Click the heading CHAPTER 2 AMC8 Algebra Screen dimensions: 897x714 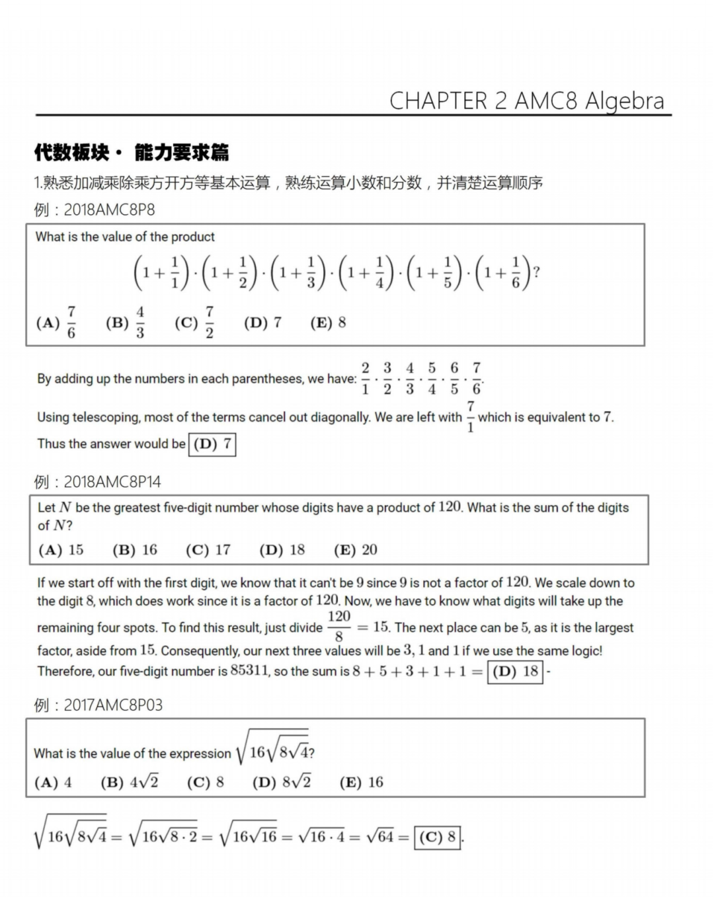526,100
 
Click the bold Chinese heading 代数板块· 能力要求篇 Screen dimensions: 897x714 132,153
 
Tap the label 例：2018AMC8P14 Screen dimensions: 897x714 97,482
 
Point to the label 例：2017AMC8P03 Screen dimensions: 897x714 98,705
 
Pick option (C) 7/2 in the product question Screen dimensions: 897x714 195,323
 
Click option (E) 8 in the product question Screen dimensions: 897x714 329,323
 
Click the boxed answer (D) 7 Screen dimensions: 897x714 212,444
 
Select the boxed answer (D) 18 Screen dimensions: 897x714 515,672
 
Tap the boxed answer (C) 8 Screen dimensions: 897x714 437,838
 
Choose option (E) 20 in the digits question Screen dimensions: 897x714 356,550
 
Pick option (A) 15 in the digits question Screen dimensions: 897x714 61,550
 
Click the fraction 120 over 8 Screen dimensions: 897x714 338,627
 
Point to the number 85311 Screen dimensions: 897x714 249,671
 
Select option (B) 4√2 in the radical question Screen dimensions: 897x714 130,783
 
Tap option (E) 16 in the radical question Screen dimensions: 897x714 362,783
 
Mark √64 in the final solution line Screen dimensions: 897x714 380,837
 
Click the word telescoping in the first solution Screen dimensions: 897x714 106,418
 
